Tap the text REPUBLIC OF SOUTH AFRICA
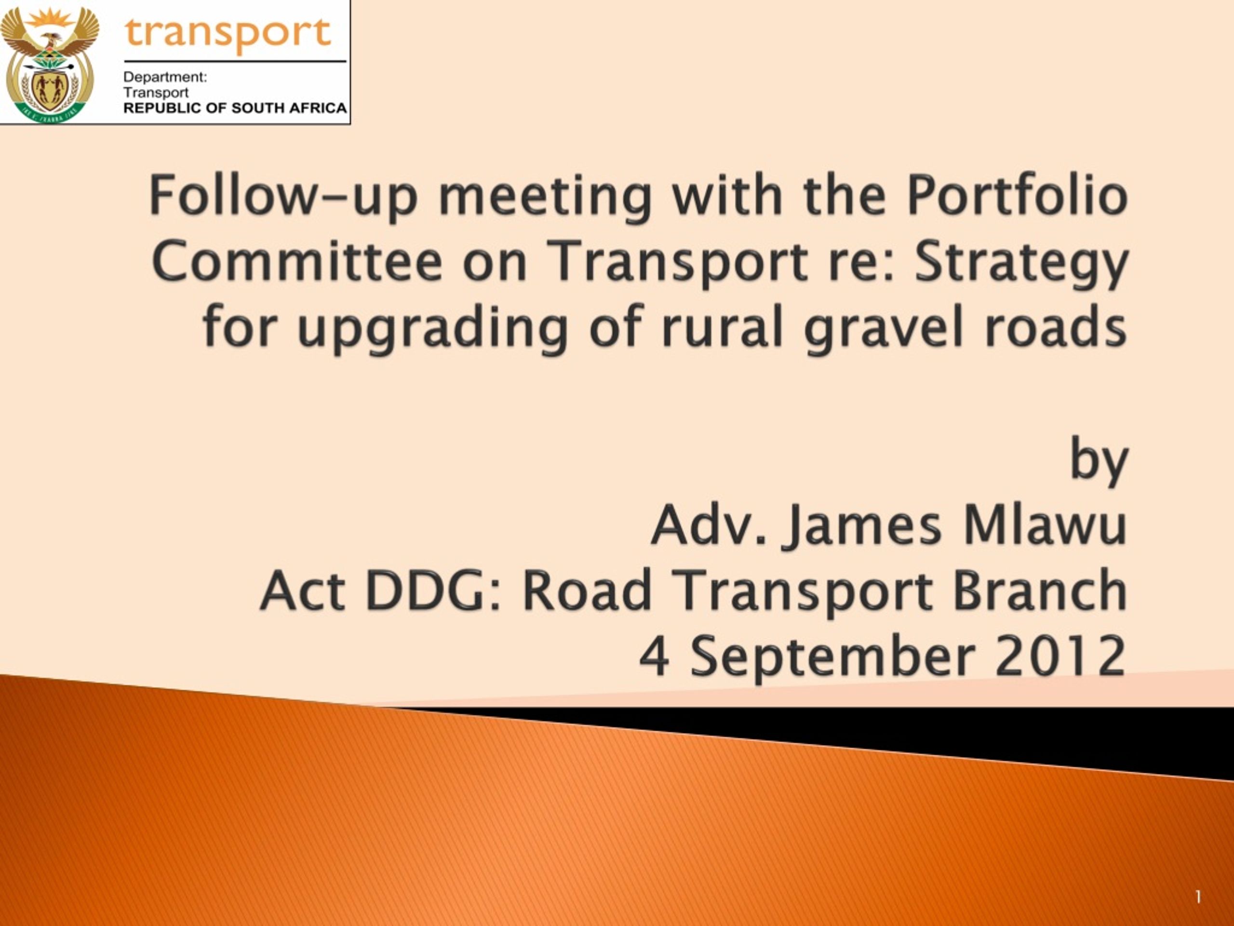click(235, 108)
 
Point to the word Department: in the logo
click(165, 77)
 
